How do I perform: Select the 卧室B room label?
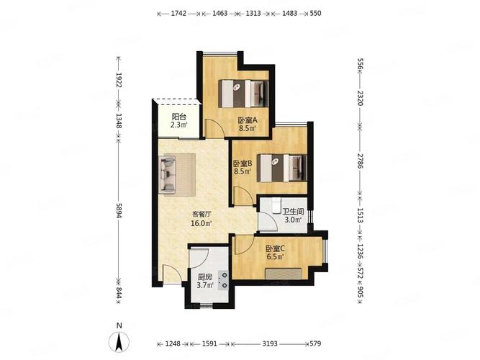243,163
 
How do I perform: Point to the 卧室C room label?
275,248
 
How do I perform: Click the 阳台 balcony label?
179,117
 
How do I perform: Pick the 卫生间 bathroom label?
293,212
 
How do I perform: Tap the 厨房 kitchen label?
205,277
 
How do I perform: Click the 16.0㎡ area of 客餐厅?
201,223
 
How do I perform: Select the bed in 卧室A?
243,94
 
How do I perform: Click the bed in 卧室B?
282,168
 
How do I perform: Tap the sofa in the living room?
167,175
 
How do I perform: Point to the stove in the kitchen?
224,280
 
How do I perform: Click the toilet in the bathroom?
276,205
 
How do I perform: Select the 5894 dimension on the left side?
119,210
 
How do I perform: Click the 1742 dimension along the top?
178,13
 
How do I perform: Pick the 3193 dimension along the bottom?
270,343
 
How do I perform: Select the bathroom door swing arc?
268,220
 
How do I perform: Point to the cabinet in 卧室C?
284,274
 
